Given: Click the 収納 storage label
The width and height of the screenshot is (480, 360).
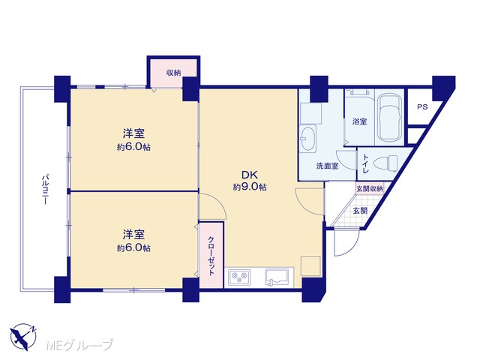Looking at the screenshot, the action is click(x=173, y=73).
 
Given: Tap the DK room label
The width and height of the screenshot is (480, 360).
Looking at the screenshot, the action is click(x=250, y=175).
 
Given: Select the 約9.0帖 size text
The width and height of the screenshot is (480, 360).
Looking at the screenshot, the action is click(x=250, y=187).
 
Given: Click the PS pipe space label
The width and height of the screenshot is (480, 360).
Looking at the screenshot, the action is click(x=422, y=107).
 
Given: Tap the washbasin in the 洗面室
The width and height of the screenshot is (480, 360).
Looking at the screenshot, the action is click(x=307, y=138).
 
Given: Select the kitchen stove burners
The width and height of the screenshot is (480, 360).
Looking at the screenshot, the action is click(x=239, y=277).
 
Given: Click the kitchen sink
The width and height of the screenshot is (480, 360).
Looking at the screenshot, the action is click(x=277, y=277).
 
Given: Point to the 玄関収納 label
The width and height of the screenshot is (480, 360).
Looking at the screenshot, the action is click(x=369, y=188).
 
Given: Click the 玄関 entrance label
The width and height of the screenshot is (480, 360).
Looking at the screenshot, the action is click(x=360, y=211).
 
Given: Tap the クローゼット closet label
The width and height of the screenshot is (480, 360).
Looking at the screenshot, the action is click(x=211, y=256).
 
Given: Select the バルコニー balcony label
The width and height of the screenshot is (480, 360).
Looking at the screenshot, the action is click(x=45, y=189).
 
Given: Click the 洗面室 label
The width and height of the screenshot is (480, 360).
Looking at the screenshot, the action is click(x=327, y=166).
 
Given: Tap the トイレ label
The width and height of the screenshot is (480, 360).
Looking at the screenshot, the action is click(x=365, y=163).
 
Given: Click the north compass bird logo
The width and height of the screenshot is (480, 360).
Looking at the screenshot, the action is click(x=23, y=337).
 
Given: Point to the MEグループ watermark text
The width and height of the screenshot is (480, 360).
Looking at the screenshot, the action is click(x=79, y=345).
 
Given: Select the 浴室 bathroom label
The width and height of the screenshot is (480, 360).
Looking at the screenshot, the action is click(x=359, y=121).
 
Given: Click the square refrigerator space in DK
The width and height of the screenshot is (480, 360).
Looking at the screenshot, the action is click(x=310, y=266).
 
